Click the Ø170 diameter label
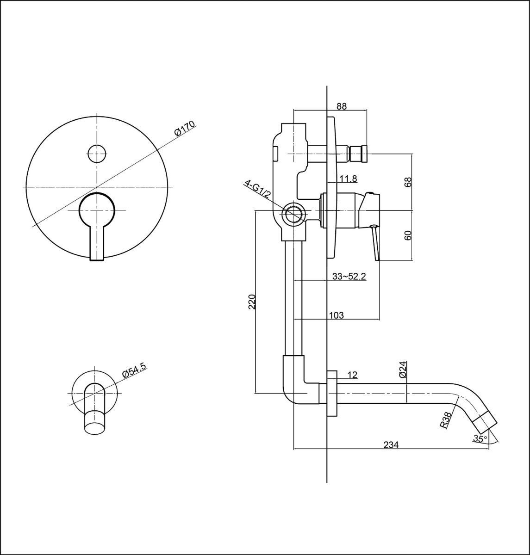pyautogui.click(x=185, y=129)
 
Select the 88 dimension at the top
pyautogui.click(x=342, y=106)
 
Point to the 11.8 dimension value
pyautogui.click(x=348, y=178)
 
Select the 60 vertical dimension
pyautogui.click(x=408, y=235)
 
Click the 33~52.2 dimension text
pyautogui.click(x=349, y=277)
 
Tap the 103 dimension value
pyautogui.click(x=337, y=315)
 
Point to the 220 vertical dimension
pyautogui.click(x=252, y=301)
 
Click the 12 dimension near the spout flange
pyautogui.click(x=352, y=375)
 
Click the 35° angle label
pyautogui.click(x=480, y=438)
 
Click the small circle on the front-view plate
pyautogui.click(x=97, y=154)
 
